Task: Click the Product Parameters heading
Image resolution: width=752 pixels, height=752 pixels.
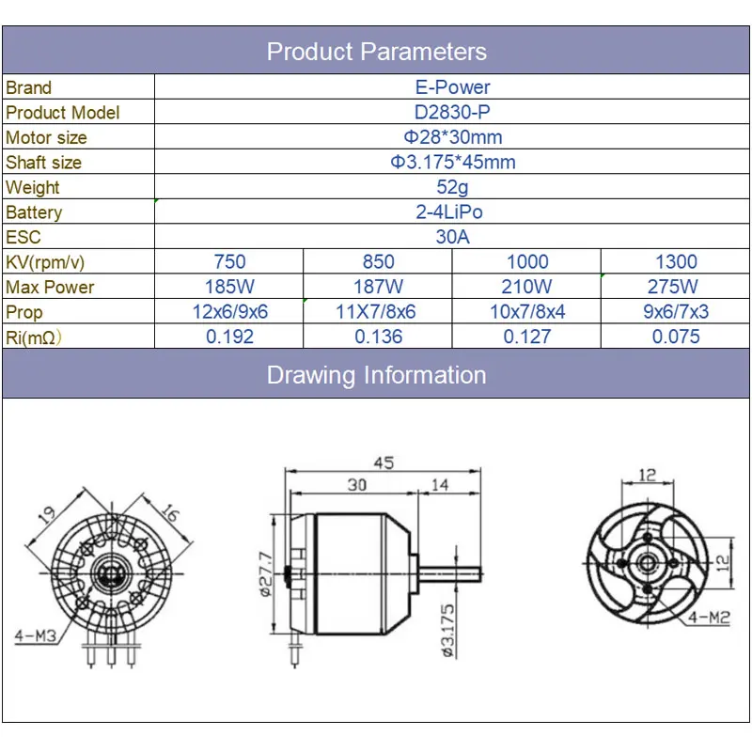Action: pyautogui.click(x=376, y=51)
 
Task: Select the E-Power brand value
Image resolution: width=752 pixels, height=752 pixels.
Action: pyautogui.click(x=452, y=87)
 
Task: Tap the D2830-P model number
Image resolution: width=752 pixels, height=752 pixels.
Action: pyautogui.click(x=452, y=112)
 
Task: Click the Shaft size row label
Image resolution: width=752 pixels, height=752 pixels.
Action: pyautogui.click(x=44, y=162)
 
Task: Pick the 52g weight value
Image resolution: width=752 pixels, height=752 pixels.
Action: pyautogui.click(x=452, y=187)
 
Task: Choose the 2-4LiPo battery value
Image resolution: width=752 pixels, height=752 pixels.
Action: pyautogui.click(x=452, y=212)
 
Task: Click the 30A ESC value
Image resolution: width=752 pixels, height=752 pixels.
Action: pyautogui.click(x=452, y=237)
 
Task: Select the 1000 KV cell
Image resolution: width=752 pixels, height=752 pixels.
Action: pyautogui.click(x=526, y=262)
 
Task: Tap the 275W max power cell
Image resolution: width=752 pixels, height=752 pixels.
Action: pyautogui.click(x=675, y=287)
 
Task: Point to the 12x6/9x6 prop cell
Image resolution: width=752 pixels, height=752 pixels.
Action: pyautogui.click(x=229, y=312)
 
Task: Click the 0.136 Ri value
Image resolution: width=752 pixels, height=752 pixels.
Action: pyautogui.click(x=378, y=337)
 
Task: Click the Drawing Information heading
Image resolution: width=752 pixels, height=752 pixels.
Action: pyautogui.click(x=376, y=375)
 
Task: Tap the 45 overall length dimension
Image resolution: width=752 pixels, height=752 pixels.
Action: pyautogui.click(x=383, y=463)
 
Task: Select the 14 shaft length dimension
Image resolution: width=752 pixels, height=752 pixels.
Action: pyautogui.click(x=440, y=485)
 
